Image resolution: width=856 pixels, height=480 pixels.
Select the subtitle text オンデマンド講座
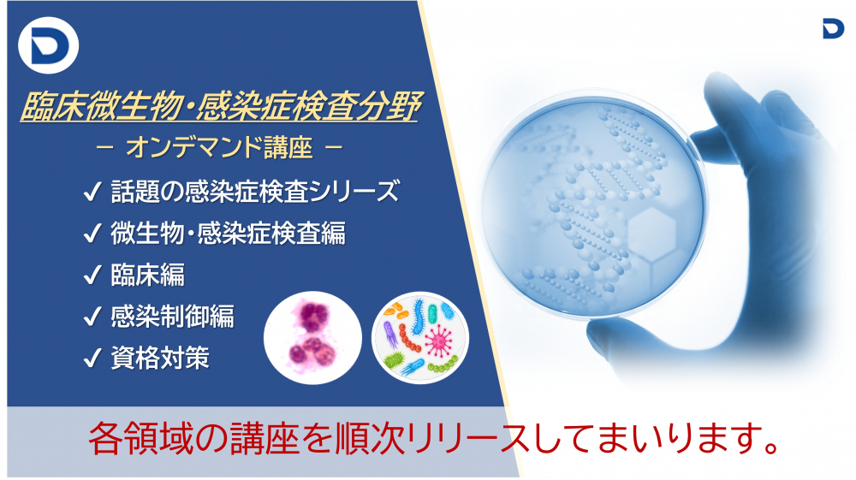point(221,149)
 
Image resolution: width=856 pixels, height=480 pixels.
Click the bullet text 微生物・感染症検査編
point(228,234)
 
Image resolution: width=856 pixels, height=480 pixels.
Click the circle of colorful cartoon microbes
point(420,335)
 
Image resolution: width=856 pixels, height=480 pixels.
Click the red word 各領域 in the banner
point(137,440)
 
